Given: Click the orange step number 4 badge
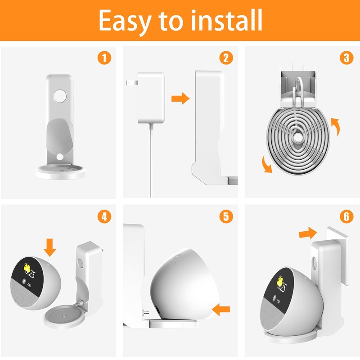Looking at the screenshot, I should point(104,217).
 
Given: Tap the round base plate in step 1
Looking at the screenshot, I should point(60,172).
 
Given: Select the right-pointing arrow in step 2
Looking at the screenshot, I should point(180,99).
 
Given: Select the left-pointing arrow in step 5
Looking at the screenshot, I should point(221,309).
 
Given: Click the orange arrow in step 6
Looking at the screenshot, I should point(307,234).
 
